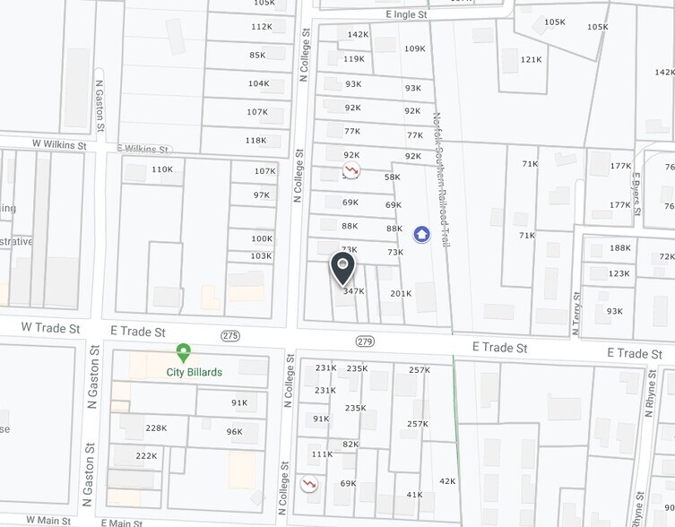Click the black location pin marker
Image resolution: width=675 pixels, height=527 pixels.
(342, 266)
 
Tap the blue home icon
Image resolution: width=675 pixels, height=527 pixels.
(421, 235)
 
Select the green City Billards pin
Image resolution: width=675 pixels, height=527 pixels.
(183, 353)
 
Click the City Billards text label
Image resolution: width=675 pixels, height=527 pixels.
(195, 372)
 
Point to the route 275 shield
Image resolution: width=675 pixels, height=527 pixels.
(230, 335)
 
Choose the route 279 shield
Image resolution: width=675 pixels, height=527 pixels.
(364, 341)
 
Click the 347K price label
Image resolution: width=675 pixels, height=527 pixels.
(353, 291)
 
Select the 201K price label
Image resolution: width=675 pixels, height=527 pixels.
(401, 294)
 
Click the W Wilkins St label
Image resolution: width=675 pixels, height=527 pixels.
(59, 144)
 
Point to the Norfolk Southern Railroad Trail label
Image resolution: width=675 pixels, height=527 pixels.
(440, 179)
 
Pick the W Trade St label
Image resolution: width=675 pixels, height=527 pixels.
(51, 329)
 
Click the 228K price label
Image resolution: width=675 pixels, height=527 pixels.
(156, 428)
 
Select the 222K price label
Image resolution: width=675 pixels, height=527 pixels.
(146, 456)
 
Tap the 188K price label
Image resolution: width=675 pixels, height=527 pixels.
(619, 248)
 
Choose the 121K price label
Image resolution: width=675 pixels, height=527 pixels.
(532, 60)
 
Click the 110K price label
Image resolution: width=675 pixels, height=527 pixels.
(162, 169)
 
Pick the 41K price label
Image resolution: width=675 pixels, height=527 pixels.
(414, 495)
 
